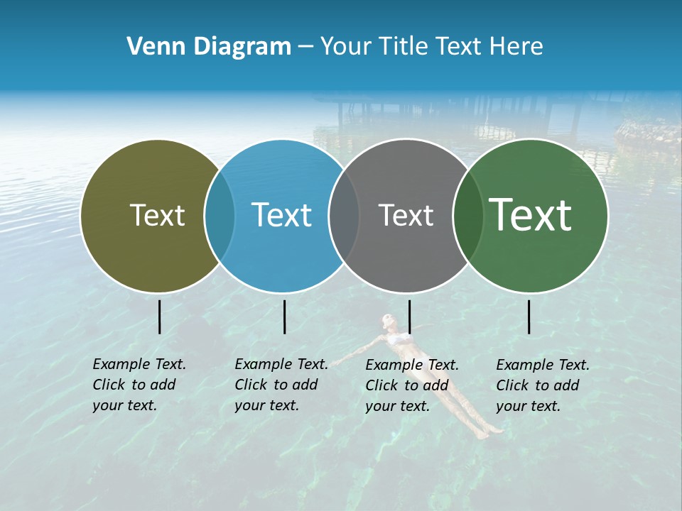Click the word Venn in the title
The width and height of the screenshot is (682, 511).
point(150,47)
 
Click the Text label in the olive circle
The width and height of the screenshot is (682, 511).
point(157,215)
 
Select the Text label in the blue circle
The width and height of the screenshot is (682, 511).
point(282,215)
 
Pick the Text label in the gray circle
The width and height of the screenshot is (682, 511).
point(406,215)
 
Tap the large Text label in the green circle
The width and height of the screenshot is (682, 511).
point(531,214)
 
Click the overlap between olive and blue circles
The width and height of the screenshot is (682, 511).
point(220,216)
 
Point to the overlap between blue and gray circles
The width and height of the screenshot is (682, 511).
point(345,216)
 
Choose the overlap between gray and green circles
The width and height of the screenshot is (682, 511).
point(468,216)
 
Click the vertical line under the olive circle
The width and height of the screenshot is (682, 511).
point(159,317)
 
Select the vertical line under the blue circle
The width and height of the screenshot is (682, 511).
point(284,317)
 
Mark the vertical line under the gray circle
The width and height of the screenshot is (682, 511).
point(409,317)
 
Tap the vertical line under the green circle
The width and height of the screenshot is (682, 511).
point(529,317)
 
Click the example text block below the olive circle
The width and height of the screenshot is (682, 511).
point(139,385)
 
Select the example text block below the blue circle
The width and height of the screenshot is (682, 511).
point(281,385)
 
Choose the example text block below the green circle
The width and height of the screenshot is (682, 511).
point(543,385)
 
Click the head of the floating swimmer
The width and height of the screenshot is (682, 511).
point(387,321)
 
